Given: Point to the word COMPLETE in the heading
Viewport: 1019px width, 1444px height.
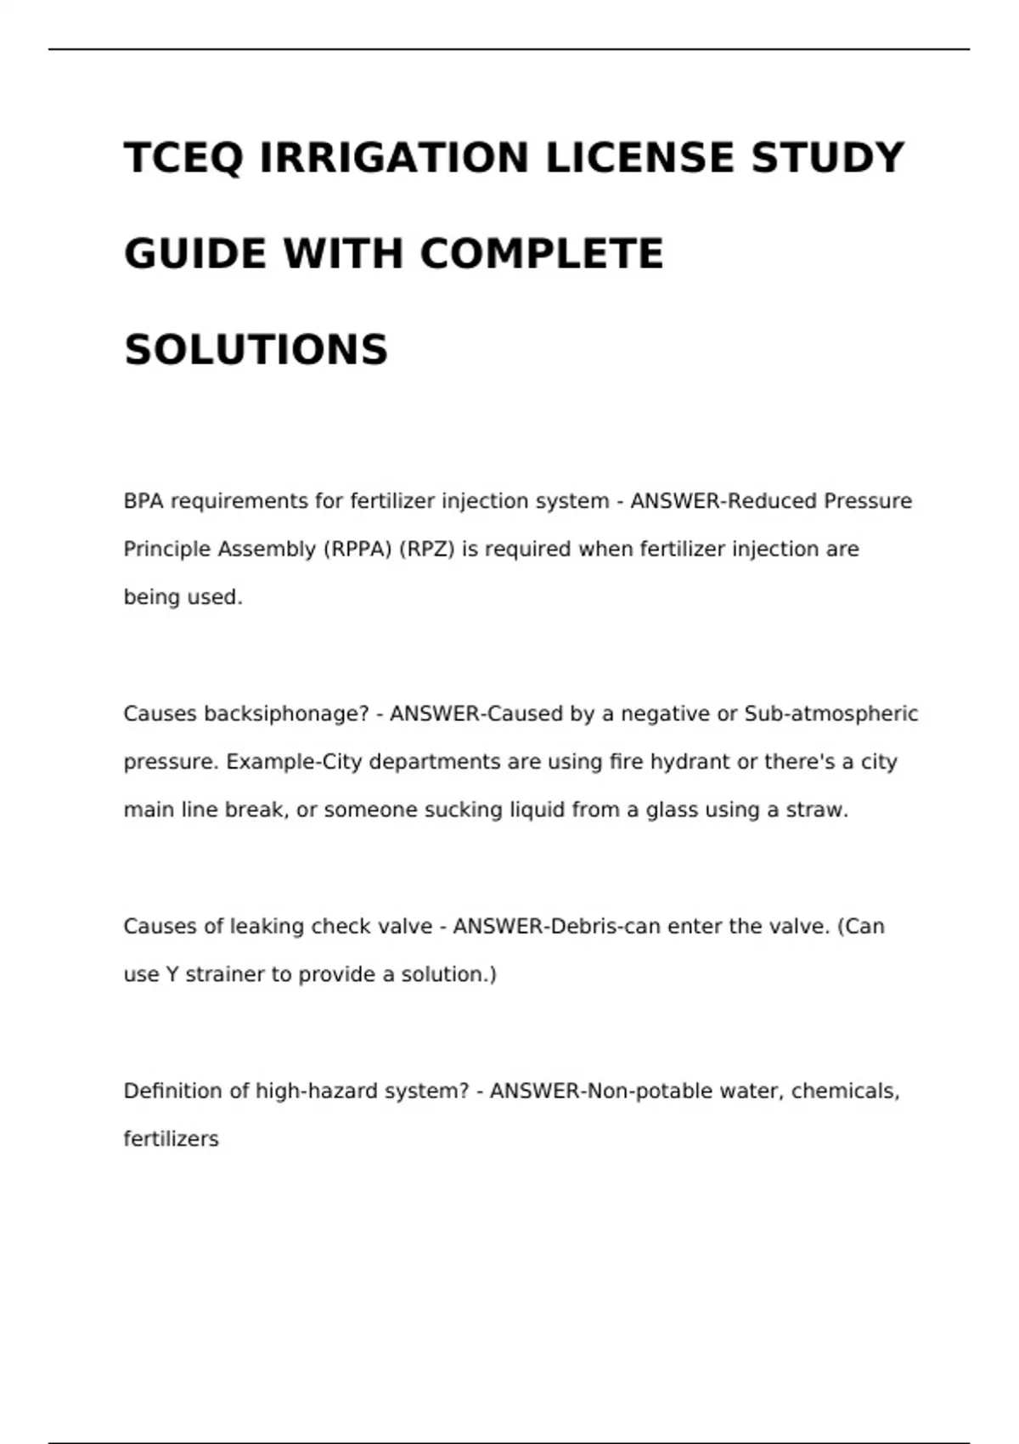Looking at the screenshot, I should tap(542, 254).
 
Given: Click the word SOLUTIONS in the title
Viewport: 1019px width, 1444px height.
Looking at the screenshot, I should tap(256, 350).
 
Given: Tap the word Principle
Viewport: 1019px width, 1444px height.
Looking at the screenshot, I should tap(166, 550).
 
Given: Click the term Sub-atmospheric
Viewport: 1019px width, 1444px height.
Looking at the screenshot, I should tap(831, 714).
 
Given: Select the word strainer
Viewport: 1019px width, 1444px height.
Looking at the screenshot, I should tap(225, 974).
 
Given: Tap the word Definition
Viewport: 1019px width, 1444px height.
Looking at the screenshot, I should tap(173, 1091).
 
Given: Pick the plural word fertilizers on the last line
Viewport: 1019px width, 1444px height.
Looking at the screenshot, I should tap(172, 1139).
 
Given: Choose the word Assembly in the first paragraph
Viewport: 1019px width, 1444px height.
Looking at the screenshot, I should tap(267, 550).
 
